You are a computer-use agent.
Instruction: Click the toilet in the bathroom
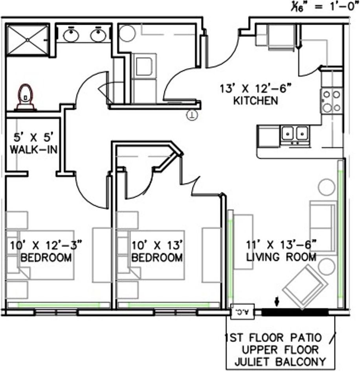(26, 97)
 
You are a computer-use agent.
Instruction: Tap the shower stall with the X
(28, 40)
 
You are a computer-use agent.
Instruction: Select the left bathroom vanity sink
(71, 35)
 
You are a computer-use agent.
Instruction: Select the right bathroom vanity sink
(98, 35)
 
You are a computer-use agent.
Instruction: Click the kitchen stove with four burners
(332, 101)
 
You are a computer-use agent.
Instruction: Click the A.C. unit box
(242, 311)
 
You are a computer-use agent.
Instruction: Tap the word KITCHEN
(255, 101)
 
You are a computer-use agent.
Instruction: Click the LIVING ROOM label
(281, 257)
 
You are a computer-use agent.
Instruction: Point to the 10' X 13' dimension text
(157, 245)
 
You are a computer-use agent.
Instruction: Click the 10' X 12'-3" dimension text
(46, 245)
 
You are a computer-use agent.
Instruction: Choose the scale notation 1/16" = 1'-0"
(325, 7)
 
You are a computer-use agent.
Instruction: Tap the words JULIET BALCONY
(280, 362)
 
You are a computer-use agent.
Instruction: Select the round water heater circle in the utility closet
(127, 33)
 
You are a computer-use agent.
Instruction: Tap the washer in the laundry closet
(144, 66)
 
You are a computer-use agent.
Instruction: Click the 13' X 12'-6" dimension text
(255, 89)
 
